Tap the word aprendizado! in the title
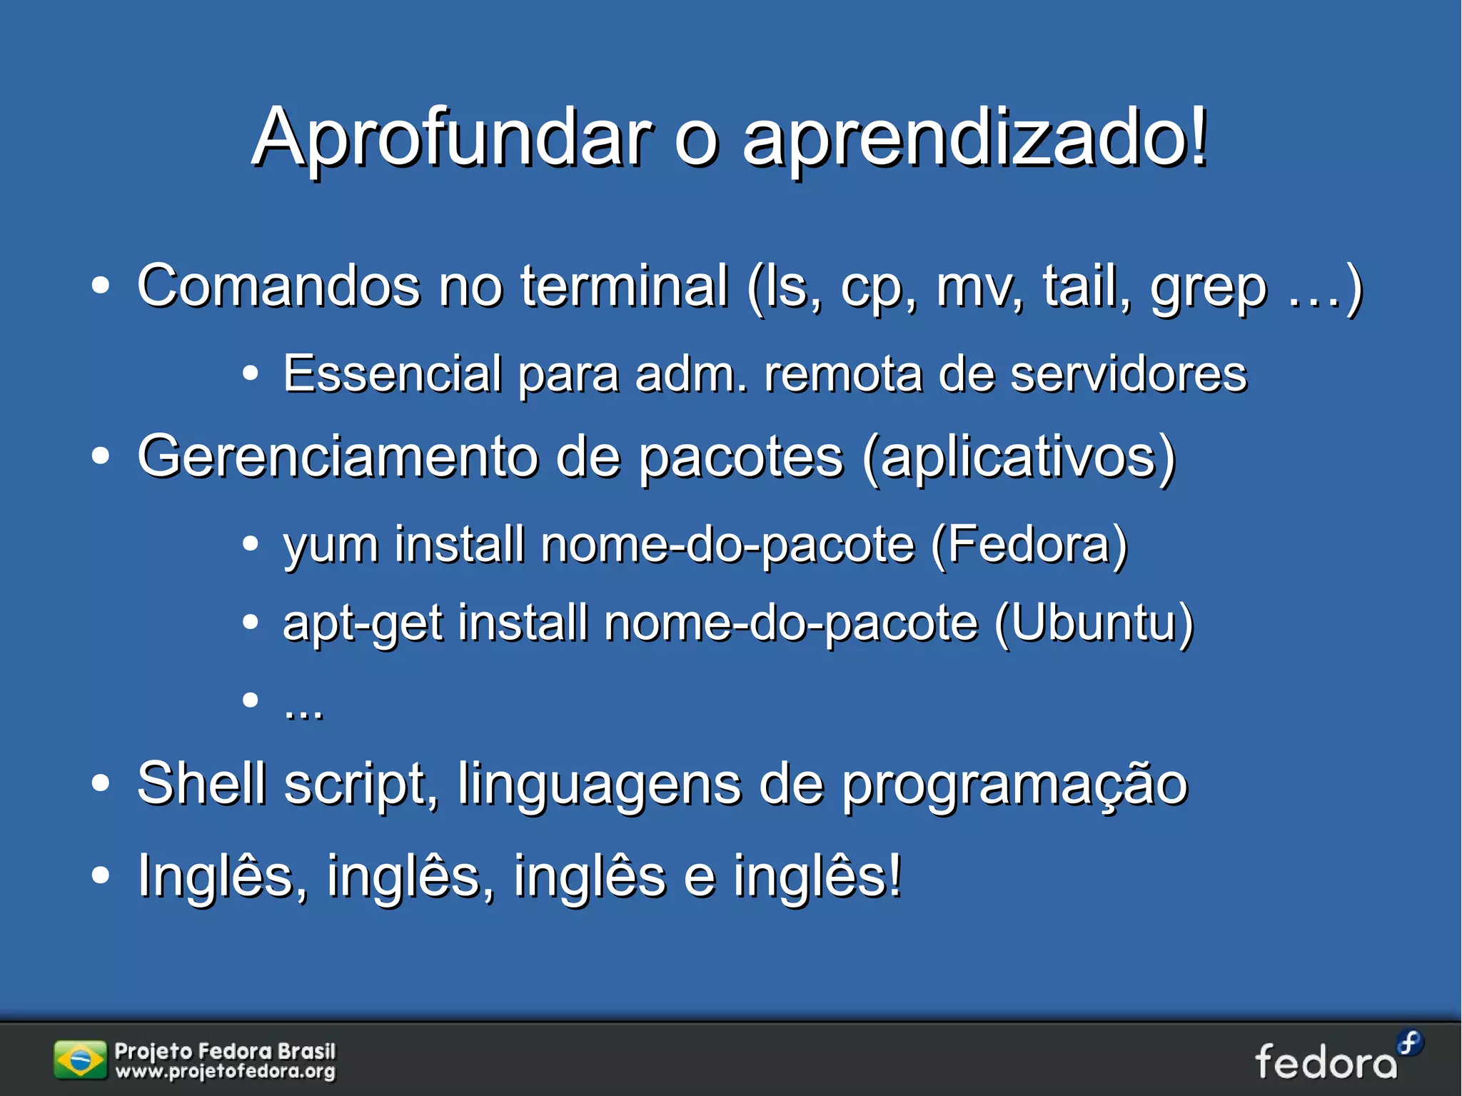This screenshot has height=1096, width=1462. (975, 137)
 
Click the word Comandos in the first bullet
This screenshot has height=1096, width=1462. (278, 286)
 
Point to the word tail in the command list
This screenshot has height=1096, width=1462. (1085, 286)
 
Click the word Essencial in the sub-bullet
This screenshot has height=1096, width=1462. (392, 373)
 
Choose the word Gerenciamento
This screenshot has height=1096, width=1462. (337, 456)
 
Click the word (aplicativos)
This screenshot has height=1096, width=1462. (1019, 458)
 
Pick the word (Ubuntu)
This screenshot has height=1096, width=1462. (1094, 623)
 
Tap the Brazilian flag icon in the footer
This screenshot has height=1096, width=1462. (79, 1060)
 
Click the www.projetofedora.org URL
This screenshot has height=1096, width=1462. (226, 1072)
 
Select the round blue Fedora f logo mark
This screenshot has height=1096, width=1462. (1410, 1043)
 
